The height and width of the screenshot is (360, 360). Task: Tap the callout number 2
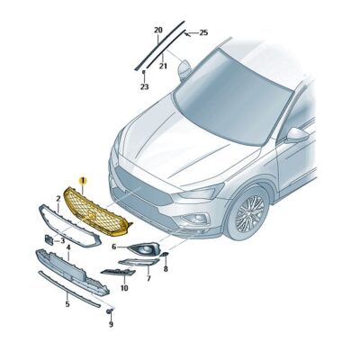[58, 197]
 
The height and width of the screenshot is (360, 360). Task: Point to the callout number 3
[62, 241]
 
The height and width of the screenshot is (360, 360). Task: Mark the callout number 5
[66, 304]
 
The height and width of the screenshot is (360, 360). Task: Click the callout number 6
[114, 246]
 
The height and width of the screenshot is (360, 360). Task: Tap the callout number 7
[148, 280]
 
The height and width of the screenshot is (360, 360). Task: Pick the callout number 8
[165, 268]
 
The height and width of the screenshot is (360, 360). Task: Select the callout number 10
[123, 288]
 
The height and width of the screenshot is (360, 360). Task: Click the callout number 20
[158, 31]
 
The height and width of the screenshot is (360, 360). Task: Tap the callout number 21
[163, 66]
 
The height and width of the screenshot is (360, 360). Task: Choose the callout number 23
[143, 87]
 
